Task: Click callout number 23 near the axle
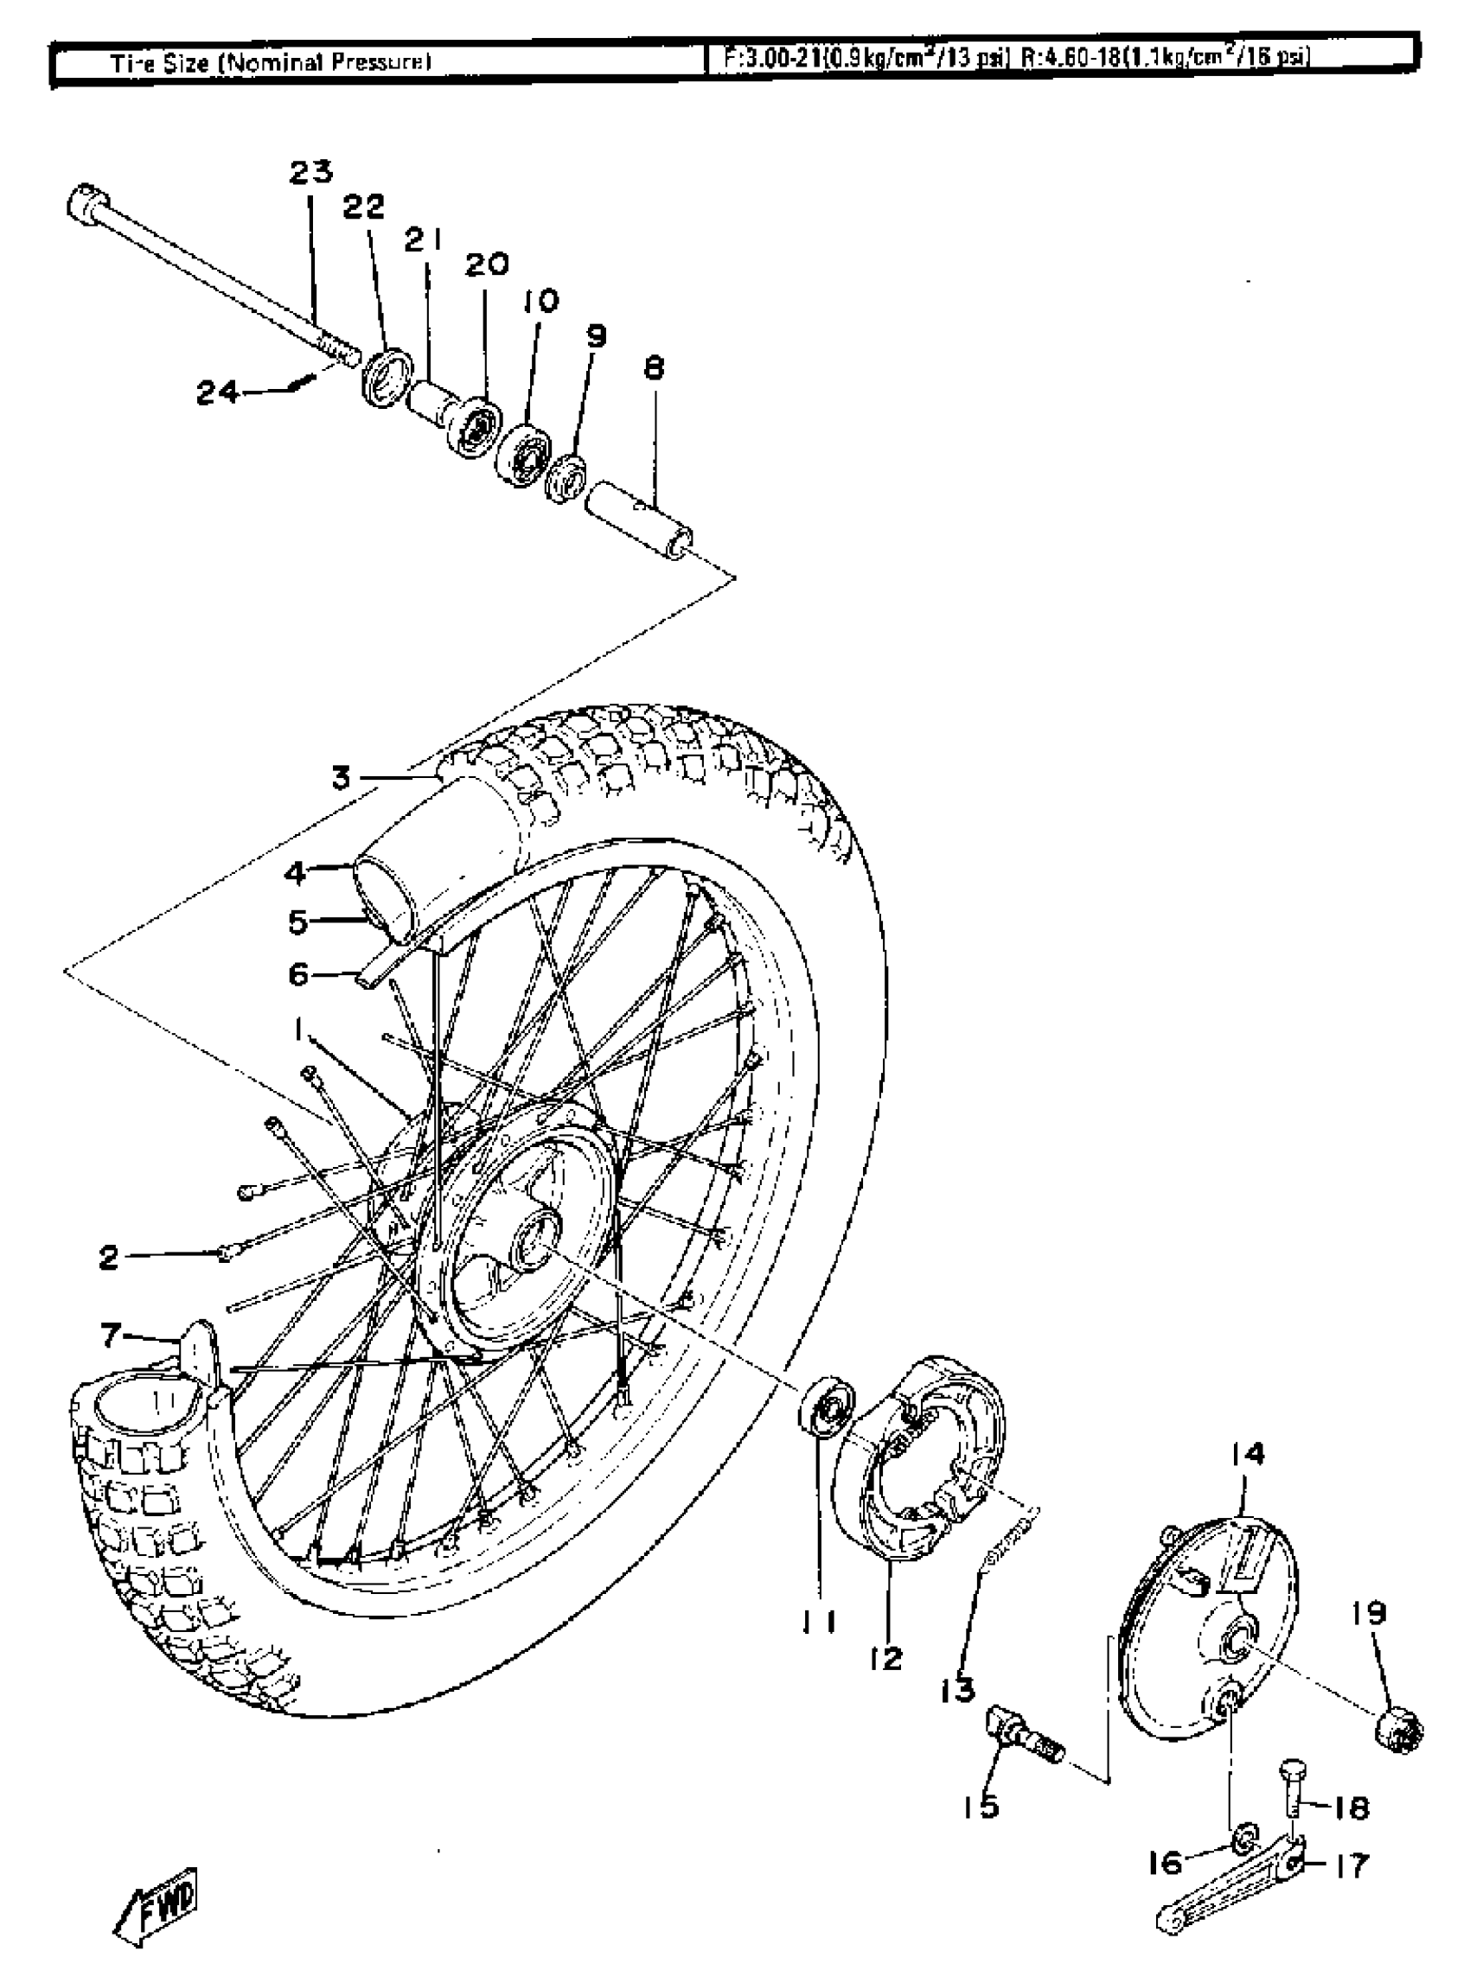pos(310,171)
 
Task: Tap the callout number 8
pos(654,367)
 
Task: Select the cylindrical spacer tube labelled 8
pos(639,518)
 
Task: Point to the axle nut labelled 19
pos(1398,1729)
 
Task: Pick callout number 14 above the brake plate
pos(1248,1454)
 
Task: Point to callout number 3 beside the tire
pos(342,779)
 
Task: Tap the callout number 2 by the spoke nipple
pos(109,1257)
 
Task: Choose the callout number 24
pos(218,392)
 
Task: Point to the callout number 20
pos(487,265)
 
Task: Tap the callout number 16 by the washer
pos(1166,1861)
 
